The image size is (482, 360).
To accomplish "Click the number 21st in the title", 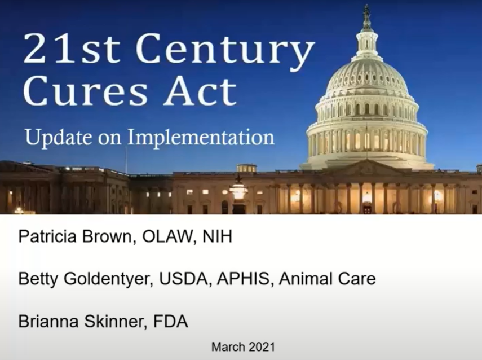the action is (72, 48).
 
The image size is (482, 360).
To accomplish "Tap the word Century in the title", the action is (223, 51).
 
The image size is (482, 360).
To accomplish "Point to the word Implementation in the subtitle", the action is (201, 138).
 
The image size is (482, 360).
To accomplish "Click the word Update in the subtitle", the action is (59, 138).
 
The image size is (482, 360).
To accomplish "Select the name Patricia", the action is (47, 236).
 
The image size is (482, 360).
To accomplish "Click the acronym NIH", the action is (218, 236).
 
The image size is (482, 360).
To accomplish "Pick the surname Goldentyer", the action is (108, 279).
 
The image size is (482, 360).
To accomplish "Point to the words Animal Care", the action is (327, 279).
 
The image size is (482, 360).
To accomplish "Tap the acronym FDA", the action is (170, 322).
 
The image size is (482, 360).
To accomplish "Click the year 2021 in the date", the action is (262, 347).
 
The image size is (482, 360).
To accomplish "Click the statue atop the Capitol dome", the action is (366, 11).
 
